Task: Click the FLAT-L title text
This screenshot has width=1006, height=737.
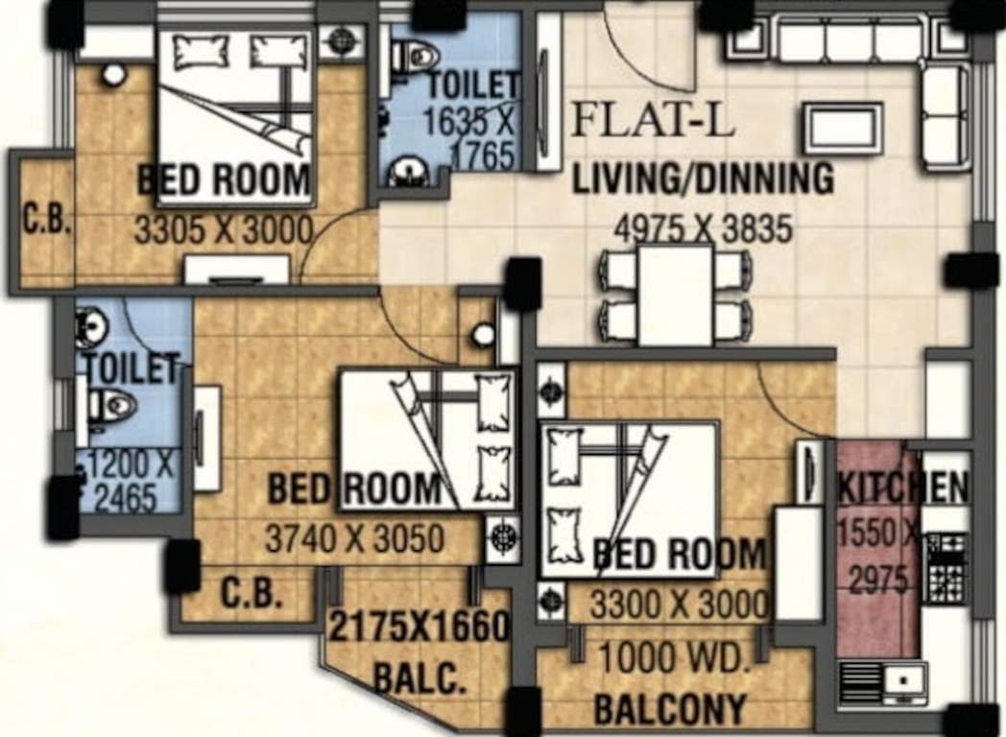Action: [x=653, y=122]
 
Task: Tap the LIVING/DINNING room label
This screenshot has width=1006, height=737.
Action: [x=703, y=179]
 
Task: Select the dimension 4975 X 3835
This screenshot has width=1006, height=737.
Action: [x=704, y=230]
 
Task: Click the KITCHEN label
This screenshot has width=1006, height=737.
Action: [x=903, y=488]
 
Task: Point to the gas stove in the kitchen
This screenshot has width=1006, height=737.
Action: [x=946, y=569]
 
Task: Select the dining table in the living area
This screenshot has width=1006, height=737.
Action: [x=676, y=295]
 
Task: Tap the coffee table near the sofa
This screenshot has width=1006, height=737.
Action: [x=842, y=128]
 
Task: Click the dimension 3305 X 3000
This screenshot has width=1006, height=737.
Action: [x=224, y=230]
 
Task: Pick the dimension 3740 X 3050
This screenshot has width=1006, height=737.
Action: [x=354, y=539]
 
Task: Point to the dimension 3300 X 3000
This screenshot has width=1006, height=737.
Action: [x=679, y=605]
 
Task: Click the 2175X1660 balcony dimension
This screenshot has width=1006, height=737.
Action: [x=419, y=628]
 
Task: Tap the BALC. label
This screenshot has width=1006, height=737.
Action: [x=419, y=679]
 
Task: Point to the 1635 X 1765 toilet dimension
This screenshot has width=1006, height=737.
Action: [x=471, y=137]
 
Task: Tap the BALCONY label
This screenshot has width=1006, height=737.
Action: [x=670, y=709]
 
